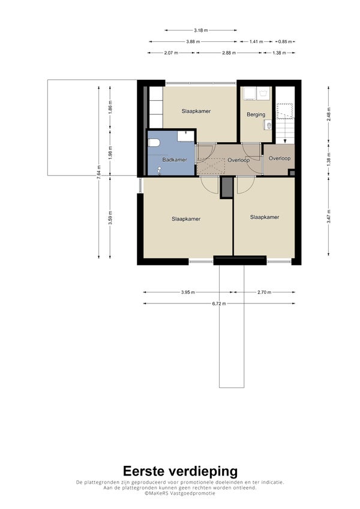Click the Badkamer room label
point(175,159)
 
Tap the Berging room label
point(256,115)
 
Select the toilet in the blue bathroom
point(154,143)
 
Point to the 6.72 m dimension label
point(219,303)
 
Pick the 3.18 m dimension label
point(201,30)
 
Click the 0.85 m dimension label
point(285,41)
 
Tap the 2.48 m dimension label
point(328,114)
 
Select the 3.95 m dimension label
point(188,292)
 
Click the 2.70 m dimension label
point(264,292)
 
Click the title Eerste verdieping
point(181,471)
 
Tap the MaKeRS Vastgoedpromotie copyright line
point(180,493)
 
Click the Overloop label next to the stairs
point(280,158)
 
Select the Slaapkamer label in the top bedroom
point(196,112)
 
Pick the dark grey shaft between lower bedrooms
point(227,187)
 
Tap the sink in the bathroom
point(186,135)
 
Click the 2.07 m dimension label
point(171,53)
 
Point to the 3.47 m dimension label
point(328,216)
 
